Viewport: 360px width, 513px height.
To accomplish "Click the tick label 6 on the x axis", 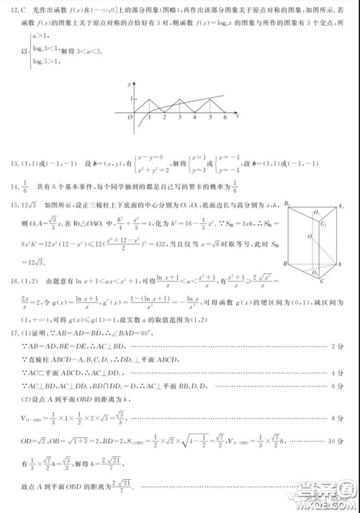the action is [x=225, y=117].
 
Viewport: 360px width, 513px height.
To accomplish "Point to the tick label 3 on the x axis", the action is [x=179, y=117].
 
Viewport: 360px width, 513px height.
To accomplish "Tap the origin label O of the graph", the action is [x=130, y=117].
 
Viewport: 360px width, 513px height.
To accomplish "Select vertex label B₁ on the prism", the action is [x=287, y=204].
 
